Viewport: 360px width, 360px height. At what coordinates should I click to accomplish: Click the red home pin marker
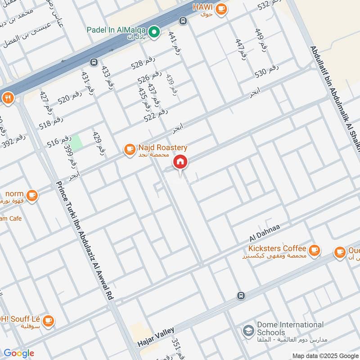click(180, 162)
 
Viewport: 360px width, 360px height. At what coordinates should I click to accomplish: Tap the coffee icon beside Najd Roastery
click(129, 149)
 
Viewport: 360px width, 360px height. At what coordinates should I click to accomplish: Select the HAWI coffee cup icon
click(220, 9)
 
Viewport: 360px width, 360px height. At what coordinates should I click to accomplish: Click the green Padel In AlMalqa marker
click(154, 31)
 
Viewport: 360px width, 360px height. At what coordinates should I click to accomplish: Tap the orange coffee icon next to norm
click(32, 195)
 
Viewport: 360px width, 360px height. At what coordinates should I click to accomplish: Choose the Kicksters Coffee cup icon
click(314, 249)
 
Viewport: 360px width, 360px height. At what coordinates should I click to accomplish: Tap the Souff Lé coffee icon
click(49, 320)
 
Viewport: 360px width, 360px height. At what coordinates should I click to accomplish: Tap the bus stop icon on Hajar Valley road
click(241, 296)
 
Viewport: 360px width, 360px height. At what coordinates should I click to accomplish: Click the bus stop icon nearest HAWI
click(183, 21)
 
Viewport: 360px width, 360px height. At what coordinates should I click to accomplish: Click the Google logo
click(18, 353)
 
